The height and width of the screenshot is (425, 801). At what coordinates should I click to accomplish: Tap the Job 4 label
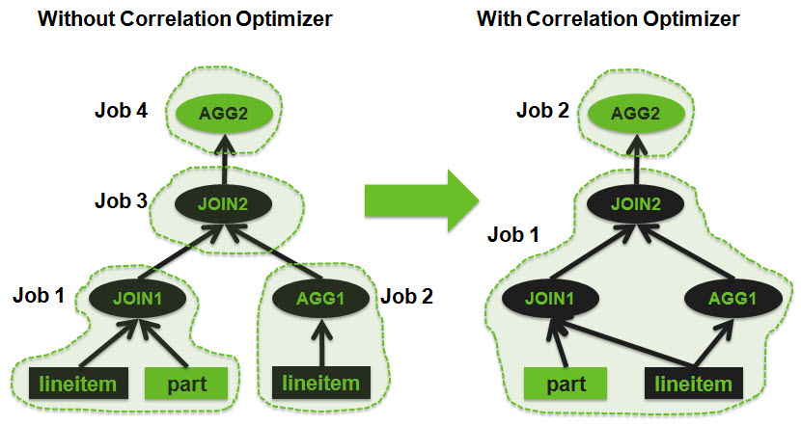click(x=121, y=111)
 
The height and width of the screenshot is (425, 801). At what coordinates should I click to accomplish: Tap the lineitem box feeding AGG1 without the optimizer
click(x=321, y=384)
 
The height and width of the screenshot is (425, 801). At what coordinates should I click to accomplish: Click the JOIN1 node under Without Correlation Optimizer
click(x=134, y=298)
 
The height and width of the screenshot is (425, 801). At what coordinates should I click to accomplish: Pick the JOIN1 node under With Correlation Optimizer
click(x=547, y=298)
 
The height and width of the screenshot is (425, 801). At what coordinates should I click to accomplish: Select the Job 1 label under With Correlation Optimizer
click(x=514, y=234)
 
